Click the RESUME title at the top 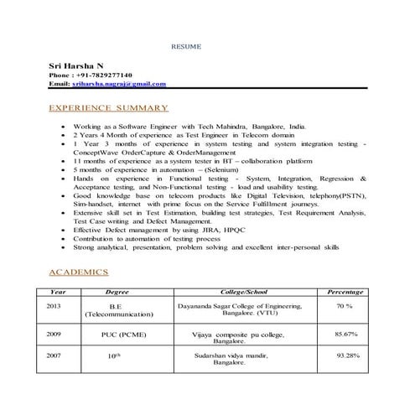coord(186,46)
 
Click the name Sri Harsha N coord(76,65)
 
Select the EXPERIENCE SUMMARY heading coord(109,108)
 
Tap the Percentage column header coord(345,292)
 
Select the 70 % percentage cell coord(344,307)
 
